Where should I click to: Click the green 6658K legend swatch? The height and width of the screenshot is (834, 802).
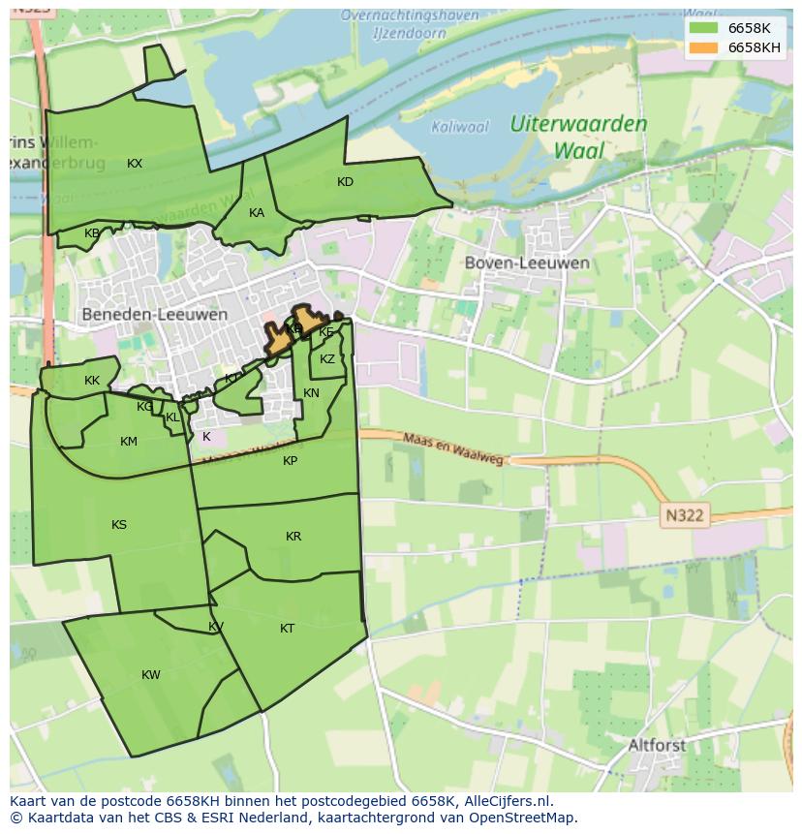point(703,27)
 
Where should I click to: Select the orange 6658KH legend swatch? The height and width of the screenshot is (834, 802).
point(703,47)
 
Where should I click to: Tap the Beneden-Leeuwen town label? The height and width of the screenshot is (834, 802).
point(155,315)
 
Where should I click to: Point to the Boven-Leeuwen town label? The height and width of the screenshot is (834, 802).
point(527,263)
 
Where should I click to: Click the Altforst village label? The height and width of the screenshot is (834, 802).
point(657,746)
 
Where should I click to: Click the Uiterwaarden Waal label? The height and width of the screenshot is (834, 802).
point(578,137)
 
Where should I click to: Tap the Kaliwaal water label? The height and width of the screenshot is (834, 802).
point(460,127)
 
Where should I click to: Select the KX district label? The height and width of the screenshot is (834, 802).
point(135,164)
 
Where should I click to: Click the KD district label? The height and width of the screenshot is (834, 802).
point(345,182)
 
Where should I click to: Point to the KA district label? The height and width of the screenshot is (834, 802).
point(257,213)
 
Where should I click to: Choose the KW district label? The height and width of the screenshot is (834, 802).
point(151,675)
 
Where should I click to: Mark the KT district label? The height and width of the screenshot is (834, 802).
point(287,629)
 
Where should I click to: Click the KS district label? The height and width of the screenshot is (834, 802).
point(119,525)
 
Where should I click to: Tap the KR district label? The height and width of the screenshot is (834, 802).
point(293,537)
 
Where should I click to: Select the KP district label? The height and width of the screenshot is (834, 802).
point(291,461)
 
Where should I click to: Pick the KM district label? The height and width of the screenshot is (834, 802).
point(129,442)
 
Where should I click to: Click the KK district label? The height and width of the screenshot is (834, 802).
point(92,381)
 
